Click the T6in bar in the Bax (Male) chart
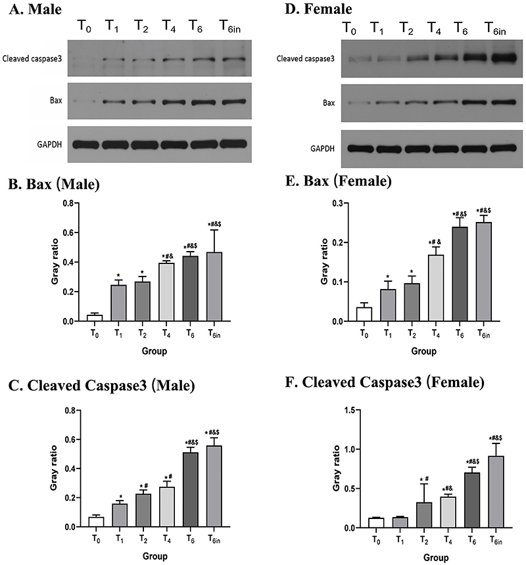pyautogui.click(x=214, y=286)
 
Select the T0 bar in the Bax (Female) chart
pyautogui.click(x=364, y=314)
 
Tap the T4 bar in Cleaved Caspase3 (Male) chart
pyautogui.click(x=166, y=507)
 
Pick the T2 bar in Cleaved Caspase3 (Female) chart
pyautogui.click(x=424, y=515)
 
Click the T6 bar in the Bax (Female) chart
pyautogui.click(x=460, y=274)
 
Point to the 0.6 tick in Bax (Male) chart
pyautogui.click(x=68, y=233)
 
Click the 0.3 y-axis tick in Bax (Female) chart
pyautogui.click(x=338, y=204)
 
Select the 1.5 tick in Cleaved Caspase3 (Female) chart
pyautogui.click(x=350, y=410)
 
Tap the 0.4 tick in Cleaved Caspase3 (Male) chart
pyautogui.click(x=70, y=469)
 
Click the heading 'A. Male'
pyautogui.click(x=35, y=9)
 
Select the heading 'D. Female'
pyautogui.click(x=318, y=9)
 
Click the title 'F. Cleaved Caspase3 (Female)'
pyautogui.click(x=385, y=382)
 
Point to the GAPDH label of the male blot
pyautogui.click(x=49, y=145)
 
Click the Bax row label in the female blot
pyautogui.click(x=329, y=103)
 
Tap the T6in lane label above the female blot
pyautogui.click(x=495, y=28)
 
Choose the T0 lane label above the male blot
pyautogui.click(x=84, y=26)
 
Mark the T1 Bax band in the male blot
pyautogui.click(x=114, y=102)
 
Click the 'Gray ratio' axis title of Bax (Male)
pyautogui.click(x=55, y=261)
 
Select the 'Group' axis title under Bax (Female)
pyautogui.click(x=423, y=351)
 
